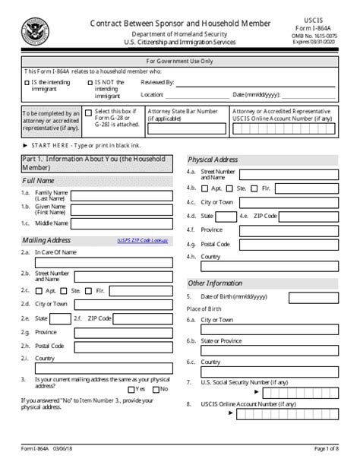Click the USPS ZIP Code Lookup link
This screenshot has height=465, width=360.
142,241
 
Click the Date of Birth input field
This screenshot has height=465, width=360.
313,296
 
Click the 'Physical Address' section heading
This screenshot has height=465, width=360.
213,160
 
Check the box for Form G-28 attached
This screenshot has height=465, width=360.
88,112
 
